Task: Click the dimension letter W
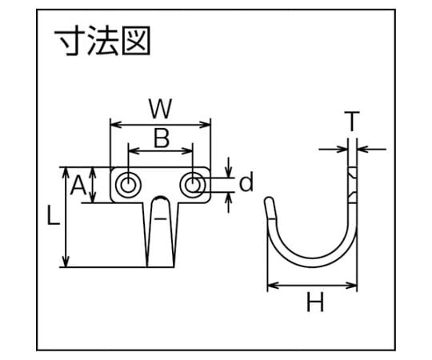[160, 108]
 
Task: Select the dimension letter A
[78, 186]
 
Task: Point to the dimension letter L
[53, 216]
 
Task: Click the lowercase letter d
[246, 182]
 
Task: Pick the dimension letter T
[352, 121]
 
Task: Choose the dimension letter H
[315, 302]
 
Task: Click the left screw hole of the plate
[127, 185]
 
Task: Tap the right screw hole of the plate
[193, 185]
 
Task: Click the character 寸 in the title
[71, 41]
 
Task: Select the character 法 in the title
[103, 41]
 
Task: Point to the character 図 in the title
[136, 41]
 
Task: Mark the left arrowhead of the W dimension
[115, 125]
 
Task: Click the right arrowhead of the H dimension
[352, 286]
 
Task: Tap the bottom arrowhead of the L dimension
[66, 262]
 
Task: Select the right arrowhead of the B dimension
[187, 150]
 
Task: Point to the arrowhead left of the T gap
[342, 150]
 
